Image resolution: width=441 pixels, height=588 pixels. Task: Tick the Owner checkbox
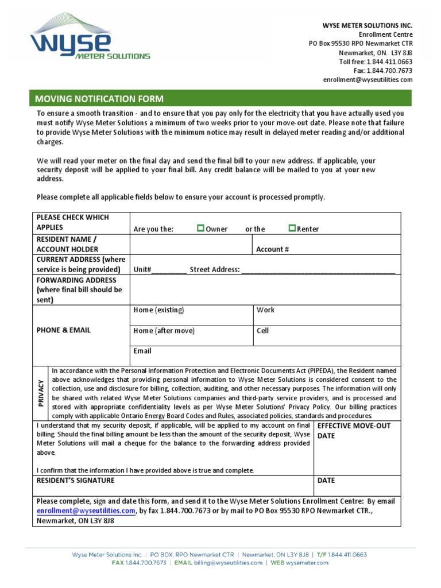[200, 228]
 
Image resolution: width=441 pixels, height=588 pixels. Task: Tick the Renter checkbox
[292, 228]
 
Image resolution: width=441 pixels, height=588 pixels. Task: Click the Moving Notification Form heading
[99, 99]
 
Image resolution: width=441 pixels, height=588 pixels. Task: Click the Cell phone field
[327, 335]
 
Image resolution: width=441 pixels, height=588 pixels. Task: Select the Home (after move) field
[192, 335]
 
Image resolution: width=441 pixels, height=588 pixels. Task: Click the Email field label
[142, 351]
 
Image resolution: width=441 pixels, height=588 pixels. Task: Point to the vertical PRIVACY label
[41, 393]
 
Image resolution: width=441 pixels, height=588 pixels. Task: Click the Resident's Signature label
[75, 480]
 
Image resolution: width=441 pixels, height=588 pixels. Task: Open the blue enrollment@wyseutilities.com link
[86, 510]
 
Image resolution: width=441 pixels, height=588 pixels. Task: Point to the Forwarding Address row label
[80, 290]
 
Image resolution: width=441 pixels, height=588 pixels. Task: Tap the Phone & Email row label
[63, 330]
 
